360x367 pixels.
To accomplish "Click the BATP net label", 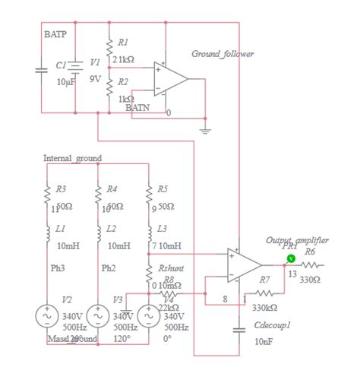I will pyautogui.click(x=55, y=35).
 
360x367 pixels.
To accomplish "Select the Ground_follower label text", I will pyautogui.click(x=223, y=54).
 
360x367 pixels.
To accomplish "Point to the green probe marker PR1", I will pyautogui.click(x=290, y=258).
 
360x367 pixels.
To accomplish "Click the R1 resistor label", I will pyautogui.click(x=123, y=42).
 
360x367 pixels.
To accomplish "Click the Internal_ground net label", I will pyautogui.click(x=72, y=159).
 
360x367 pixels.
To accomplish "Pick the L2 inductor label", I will pyautogui.click(x=111, y=228).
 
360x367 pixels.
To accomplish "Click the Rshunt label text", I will pyautogui.click(x=171, y=268).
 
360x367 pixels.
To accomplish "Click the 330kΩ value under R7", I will pyautogui.click(x=264, y=308).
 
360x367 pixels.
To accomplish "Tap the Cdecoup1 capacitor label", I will pyautogui.click(x=272, y=326).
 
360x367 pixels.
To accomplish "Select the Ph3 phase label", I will pyautogui.click(x=58, y=267).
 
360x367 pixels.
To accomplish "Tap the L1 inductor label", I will pyautogui.click(x=61, y=228).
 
